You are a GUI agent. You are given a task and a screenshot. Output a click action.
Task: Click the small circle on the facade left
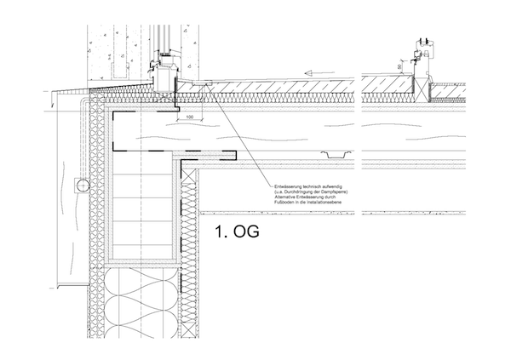[x=81, y=183]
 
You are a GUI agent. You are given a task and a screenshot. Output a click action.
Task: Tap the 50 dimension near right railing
[x=399, y=66]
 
